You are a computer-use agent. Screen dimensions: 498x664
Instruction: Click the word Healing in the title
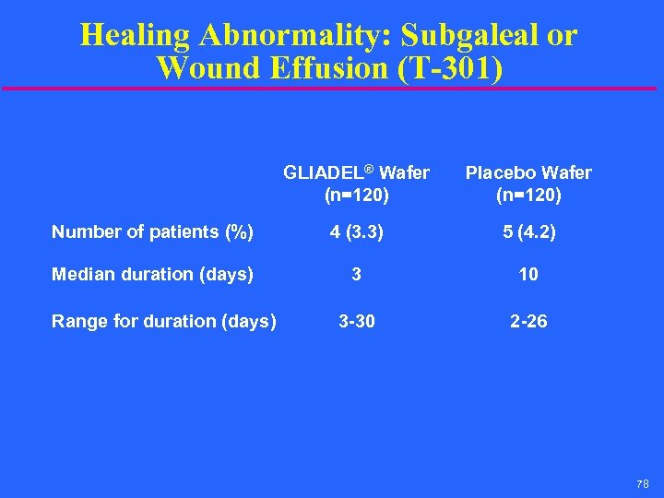[135, 35]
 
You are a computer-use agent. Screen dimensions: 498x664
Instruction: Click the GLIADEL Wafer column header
[356, 173]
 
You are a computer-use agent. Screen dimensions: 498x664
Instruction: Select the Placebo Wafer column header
[528, 173]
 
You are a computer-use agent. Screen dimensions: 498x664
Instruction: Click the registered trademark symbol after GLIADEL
[369, 169]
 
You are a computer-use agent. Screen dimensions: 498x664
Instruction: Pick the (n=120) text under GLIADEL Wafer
[356, 196]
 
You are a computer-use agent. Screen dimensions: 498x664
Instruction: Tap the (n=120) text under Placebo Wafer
[528, 196]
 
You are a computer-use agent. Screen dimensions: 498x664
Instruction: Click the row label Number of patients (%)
[152, 232]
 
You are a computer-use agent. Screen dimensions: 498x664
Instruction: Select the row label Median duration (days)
[152, 274]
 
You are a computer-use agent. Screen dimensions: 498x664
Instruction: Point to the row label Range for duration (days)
[163, 321]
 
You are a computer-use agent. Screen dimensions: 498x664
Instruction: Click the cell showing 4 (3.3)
[356, 232]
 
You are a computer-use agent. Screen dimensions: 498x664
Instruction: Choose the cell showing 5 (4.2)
[528, 232]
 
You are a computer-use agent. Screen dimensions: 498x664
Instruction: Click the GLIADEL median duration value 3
[356, 274]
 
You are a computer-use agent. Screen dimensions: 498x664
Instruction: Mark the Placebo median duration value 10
[528, 274]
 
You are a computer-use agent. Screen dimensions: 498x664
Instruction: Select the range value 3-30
[356, 321]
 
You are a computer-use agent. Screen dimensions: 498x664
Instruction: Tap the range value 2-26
[528, 321]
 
